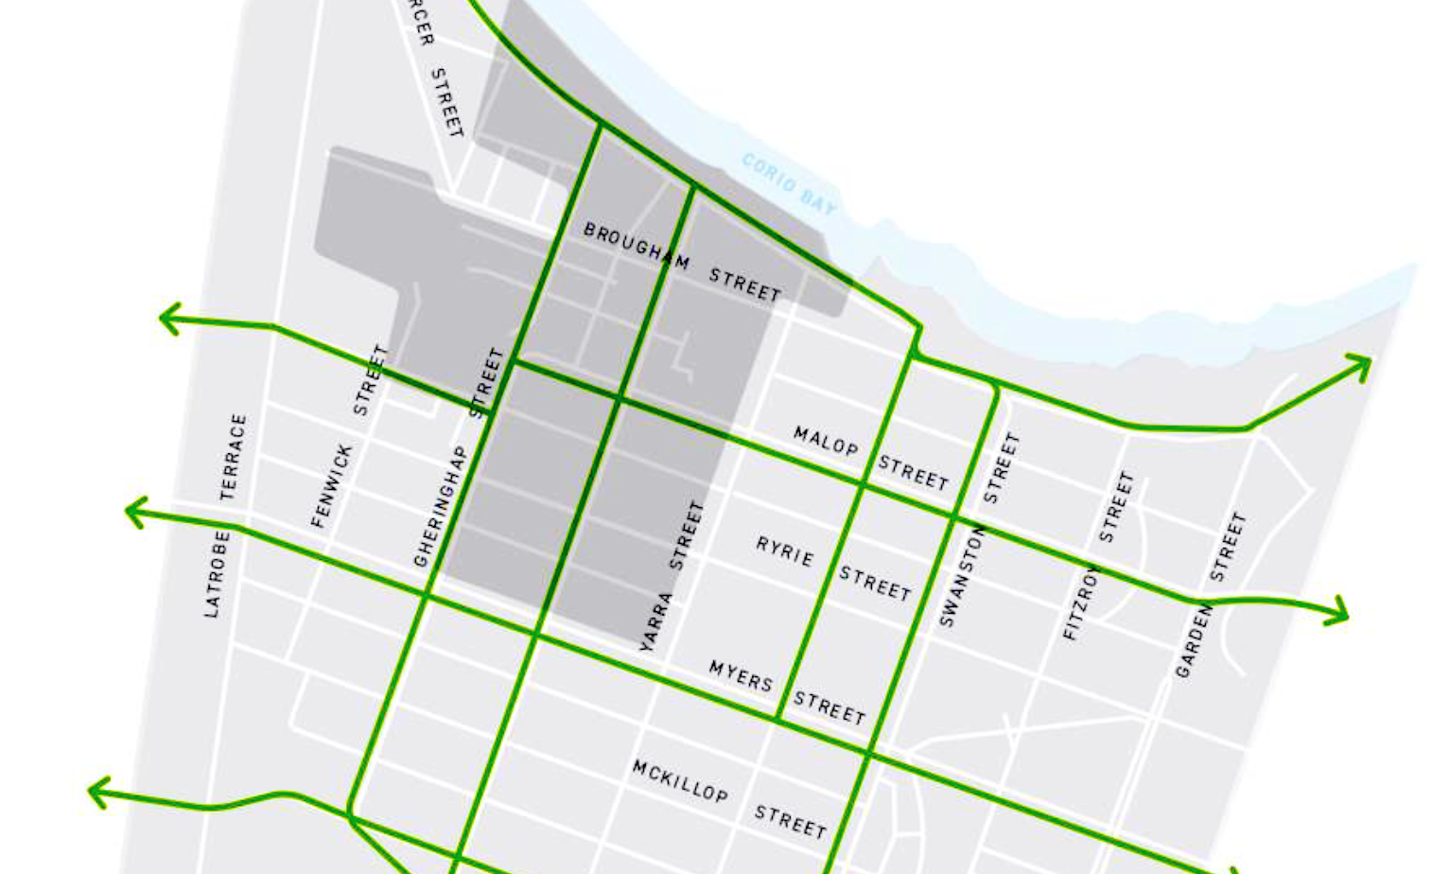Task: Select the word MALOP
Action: [825, 440]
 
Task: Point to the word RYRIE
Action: [784, 551]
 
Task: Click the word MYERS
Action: [741, 676]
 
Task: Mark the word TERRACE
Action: [233, 456]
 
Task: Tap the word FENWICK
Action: [331, 486]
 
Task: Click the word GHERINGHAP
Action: [440, 507]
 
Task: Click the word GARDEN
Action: [1193, 641]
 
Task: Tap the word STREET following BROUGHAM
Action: [745, 285]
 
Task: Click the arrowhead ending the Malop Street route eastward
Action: [1341, 610]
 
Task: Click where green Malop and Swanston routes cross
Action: [954, 516]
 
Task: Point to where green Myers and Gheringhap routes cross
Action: [425, 595]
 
